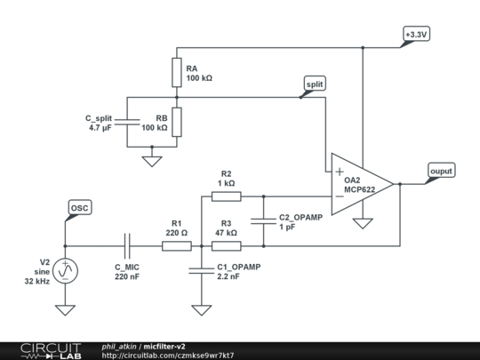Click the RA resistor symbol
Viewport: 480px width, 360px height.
pos(176,71)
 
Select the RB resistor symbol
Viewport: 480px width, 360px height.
pos(176,122)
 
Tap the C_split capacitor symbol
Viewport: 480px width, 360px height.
pos(129,122)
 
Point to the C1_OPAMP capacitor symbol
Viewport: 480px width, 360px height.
pos(203,271)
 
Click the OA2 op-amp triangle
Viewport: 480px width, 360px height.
pos(360,184)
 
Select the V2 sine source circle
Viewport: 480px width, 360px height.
pos(65,270)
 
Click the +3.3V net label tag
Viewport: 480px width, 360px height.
pos(415,35)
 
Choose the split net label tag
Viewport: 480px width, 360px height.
pos(315,84)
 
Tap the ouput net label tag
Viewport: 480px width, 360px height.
pos(440,171)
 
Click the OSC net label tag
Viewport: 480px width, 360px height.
pos(79,208)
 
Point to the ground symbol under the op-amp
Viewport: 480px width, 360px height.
pos(362,223)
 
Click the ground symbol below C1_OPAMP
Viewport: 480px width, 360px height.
pos(203,309)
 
